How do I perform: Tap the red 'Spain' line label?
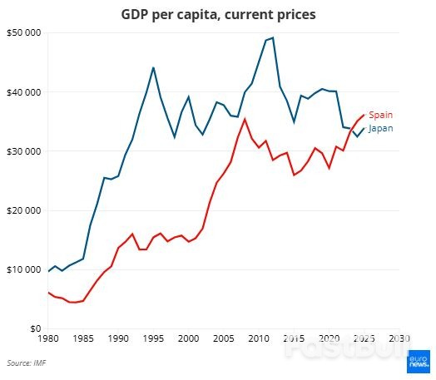click(x=380, y=115)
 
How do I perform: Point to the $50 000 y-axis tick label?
click(x=23, y=32)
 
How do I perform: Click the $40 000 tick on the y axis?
click(x=23, y=91)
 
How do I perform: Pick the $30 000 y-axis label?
click(x=23, y=151)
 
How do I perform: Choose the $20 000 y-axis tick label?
click(x=23, y=210)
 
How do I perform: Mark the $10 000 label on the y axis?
click(x=23, y=269)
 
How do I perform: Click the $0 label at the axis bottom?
click(x=32, y=328)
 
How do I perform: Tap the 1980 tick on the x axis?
click(x=48, y=339)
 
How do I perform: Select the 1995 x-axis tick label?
click(x=153, y=339)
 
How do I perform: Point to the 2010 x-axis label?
click(x=259, y=339)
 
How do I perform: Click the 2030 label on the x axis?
click(x=399, y=339)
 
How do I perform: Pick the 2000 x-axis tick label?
click(x=188, y=339)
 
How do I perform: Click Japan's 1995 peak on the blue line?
click(x=153, y=67)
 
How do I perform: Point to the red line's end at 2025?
click(x=364, y=115)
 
